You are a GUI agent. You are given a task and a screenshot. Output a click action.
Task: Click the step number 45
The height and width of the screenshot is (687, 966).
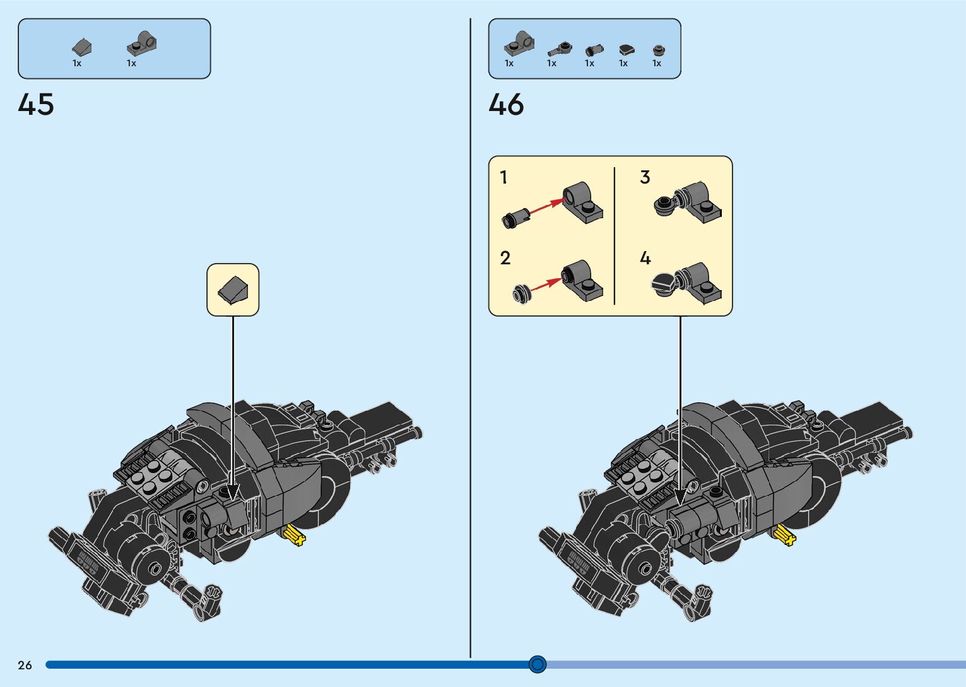point(36,105)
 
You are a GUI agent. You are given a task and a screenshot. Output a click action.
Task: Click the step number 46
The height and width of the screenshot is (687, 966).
point(506,105)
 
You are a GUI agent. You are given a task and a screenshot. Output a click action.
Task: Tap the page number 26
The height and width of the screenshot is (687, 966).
point(25,665)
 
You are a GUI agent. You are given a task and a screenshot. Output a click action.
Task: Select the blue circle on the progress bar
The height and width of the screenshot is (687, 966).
point(538,664)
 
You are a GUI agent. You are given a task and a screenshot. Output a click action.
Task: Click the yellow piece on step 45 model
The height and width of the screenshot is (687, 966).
point(294,536)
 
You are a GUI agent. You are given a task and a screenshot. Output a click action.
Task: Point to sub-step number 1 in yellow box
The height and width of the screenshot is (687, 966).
point(504,178)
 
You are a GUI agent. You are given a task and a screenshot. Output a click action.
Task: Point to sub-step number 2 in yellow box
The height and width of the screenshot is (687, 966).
point(505,258)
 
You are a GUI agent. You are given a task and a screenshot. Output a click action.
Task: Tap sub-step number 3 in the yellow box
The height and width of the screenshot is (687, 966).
point(645,177)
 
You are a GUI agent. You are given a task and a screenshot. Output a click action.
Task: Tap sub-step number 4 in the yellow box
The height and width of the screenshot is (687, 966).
point(645,258)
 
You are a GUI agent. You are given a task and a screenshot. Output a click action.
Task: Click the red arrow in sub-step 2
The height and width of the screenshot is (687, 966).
point(545,285)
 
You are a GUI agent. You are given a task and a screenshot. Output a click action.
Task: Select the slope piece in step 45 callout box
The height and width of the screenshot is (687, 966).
point(233,290)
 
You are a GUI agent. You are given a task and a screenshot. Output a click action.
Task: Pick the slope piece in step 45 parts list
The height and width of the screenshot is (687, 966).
point(81,47)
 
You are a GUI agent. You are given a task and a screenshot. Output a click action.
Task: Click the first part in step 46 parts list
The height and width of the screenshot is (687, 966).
point(519,44)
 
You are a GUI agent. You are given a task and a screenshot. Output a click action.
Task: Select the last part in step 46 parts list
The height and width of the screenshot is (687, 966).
point(658,49)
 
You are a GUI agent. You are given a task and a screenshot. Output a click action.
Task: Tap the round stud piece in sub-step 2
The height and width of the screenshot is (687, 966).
point(521,295)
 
